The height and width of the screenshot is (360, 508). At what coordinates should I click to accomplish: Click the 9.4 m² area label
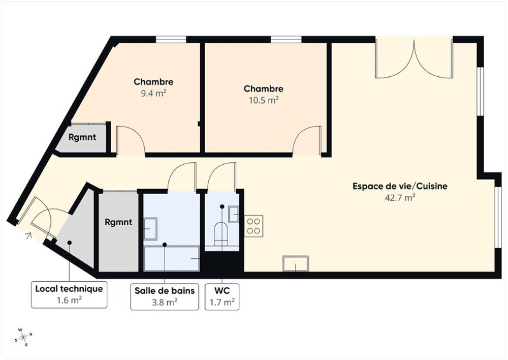click(153, 93)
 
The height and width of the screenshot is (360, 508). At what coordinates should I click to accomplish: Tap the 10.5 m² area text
click(263, 100)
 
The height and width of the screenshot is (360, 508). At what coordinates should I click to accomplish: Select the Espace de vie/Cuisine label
click(400, 187)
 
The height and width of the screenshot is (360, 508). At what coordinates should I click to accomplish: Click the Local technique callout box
click(69, 294)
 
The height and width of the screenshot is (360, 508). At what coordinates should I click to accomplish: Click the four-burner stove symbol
click(253, 226)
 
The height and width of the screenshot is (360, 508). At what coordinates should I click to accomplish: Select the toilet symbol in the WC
click(221, 232)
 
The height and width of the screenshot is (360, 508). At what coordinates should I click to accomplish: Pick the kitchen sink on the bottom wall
click(296, 263)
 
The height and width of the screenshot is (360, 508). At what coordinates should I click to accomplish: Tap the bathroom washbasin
click(150, 228)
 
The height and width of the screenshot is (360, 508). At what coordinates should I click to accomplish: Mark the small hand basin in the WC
click(234, 214)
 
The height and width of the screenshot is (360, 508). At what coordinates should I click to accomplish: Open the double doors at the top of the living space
click(414, 58)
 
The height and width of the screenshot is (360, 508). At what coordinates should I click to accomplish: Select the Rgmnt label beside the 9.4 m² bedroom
click(82, 137)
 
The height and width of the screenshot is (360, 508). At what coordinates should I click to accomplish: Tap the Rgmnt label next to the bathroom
click(118, 222)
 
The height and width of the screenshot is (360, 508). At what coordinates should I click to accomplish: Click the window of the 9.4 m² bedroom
click(171, 39)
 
